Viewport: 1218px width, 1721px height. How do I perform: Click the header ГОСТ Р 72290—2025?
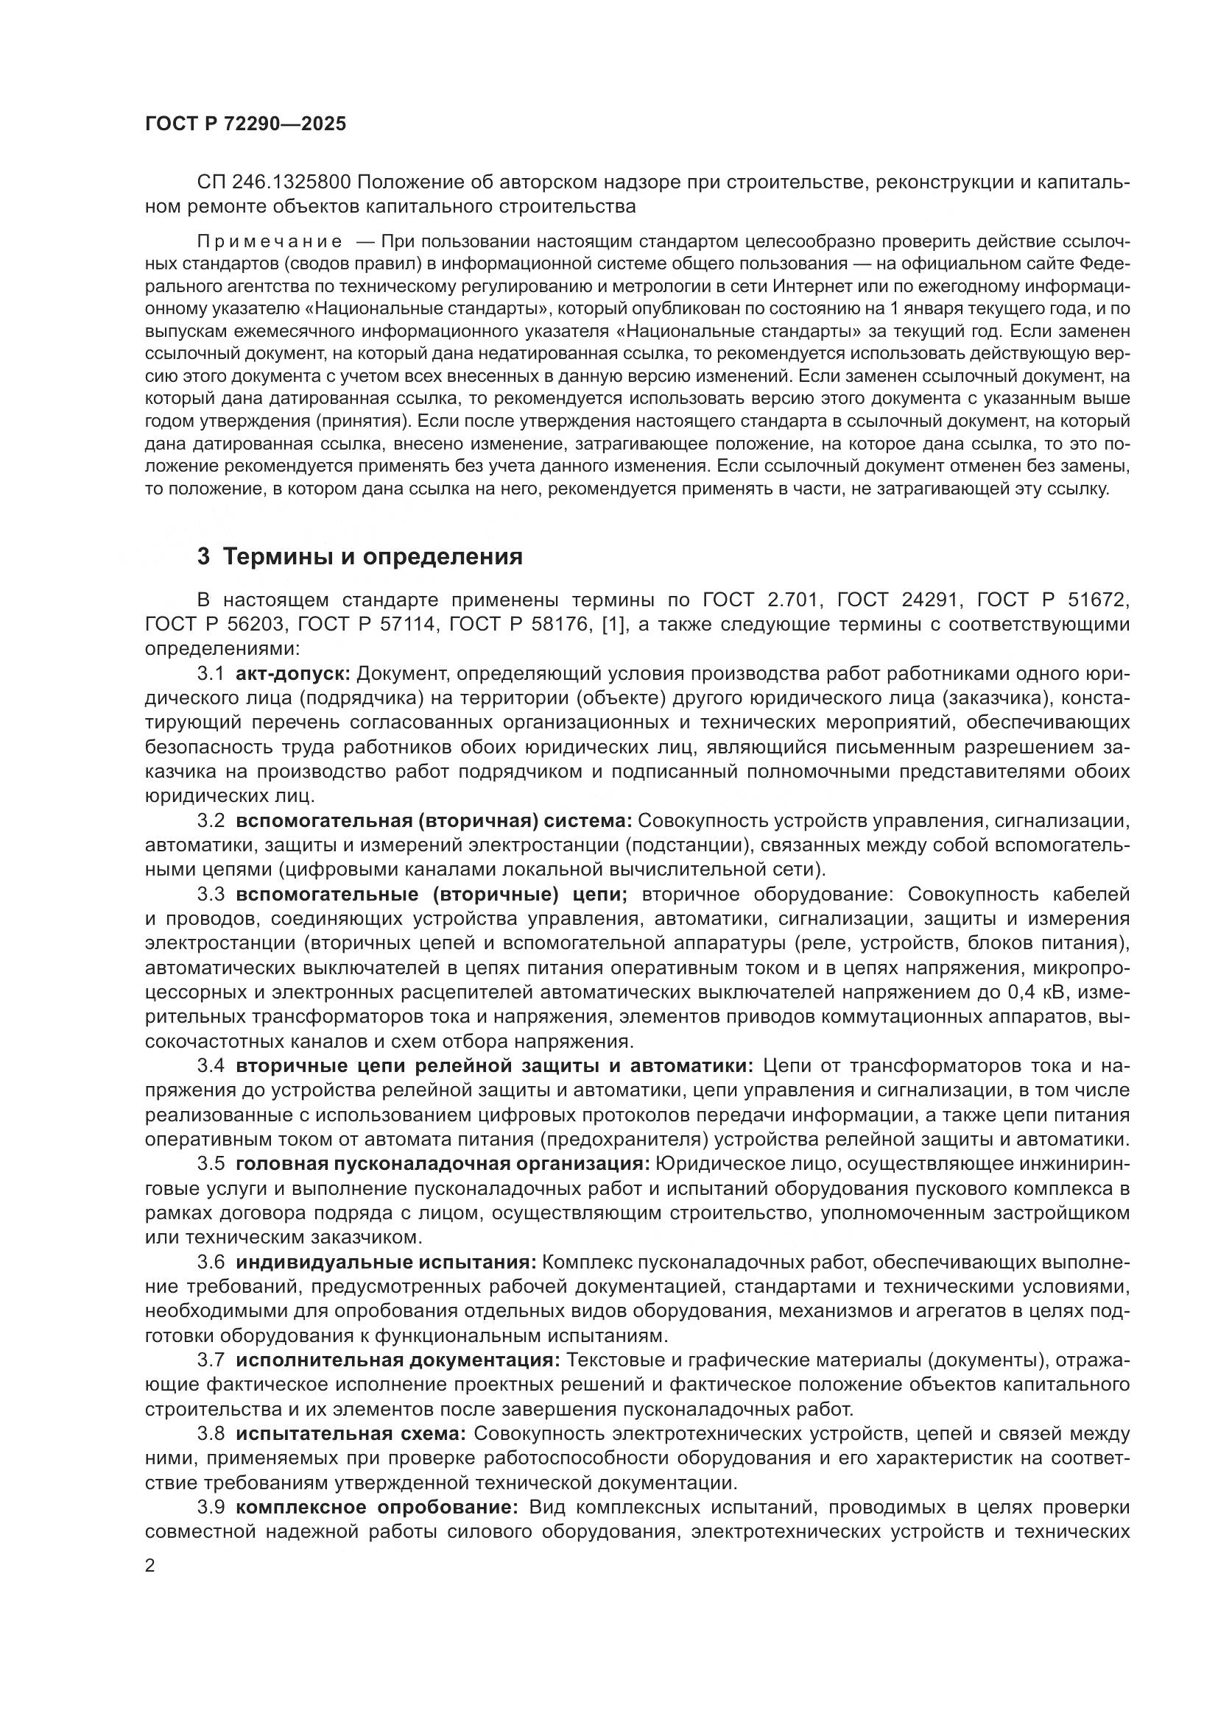click(x=245, y=124)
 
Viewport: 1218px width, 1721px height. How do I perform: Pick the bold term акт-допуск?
click(x=294, y=675)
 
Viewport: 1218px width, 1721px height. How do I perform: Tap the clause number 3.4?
click(x=211, y=1066)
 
